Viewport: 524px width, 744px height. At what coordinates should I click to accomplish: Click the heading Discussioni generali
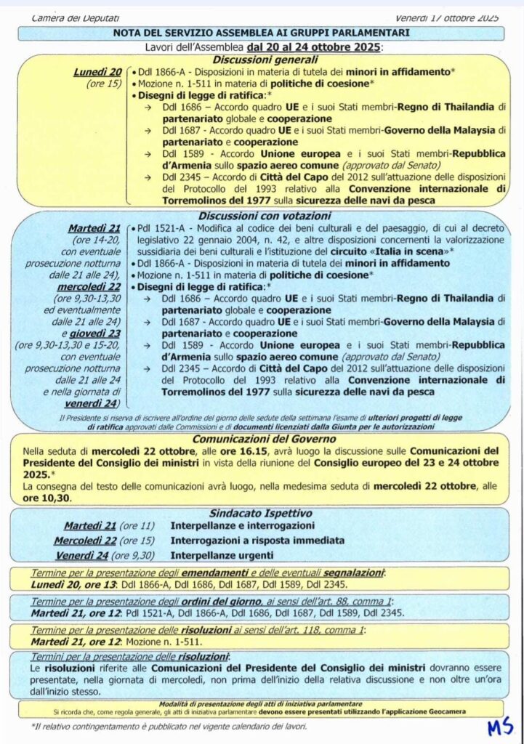click(x=265, y=60)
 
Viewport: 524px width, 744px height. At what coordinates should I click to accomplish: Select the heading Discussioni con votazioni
click(x=265, y=216)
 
